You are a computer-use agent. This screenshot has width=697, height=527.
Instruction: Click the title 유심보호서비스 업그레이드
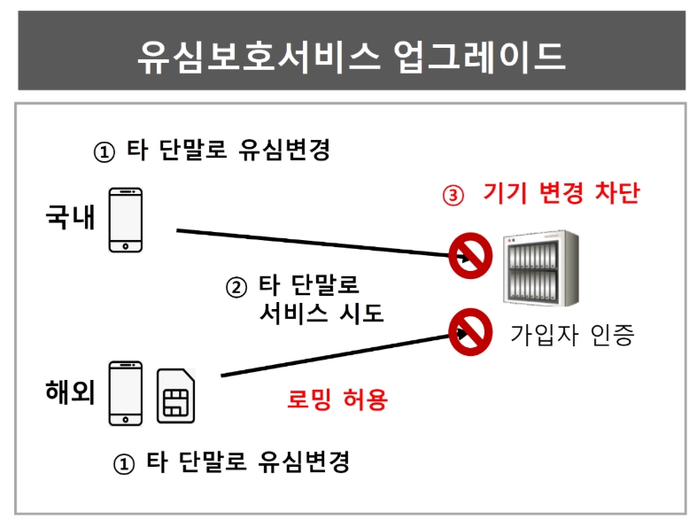[x=352, y=57]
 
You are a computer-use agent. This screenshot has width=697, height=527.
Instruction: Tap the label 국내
[x=70, y=217]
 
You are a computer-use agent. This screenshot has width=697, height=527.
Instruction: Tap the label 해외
[x=70, y=391]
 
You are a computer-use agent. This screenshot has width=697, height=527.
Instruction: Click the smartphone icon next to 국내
[x=126, y=221]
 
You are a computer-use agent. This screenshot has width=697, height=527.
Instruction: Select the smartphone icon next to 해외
[x=126, y=393]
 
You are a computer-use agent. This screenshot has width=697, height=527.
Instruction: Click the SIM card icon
[x=176, y=395]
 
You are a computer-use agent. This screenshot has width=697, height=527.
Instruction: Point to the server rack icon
[x=541, y=268]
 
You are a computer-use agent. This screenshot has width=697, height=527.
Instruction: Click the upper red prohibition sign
[x=470, y=256]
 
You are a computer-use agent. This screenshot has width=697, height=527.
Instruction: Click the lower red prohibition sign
[x=470, y=332]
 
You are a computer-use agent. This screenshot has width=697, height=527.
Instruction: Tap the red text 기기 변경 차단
[x=561, y=193]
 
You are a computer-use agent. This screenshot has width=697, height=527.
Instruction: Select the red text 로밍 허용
[x=337, y=399]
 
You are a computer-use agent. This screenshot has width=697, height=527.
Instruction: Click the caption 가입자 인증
[x=572, y=335]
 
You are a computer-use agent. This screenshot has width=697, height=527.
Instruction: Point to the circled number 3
[x=453, y=195]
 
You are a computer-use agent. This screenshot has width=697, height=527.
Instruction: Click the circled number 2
[x=236, y=287]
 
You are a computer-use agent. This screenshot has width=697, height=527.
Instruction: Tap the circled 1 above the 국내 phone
[x=105, y=152]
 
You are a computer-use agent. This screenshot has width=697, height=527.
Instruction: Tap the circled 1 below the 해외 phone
[x=124, y=464]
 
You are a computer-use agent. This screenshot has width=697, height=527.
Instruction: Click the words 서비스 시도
[x=321, y=313]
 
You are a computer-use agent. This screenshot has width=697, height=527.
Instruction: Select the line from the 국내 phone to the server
[x=322, y=244]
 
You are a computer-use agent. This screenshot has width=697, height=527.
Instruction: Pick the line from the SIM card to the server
[x=345, y=354]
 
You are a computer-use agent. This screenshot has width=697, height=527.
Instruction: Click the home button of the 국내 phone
[x=126, y=246]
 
